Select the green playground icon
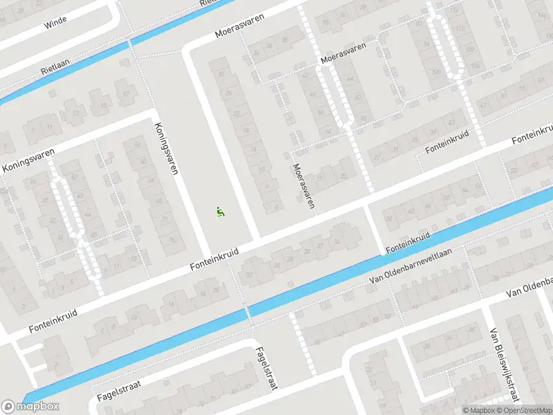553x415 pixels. [x=220, y=212]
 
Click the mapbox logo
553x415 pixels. [x=30, y=406]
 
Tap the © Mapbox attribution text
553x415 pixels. [x=480, y=409]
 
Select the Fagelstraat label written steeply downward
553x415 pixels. [x=265, y=368]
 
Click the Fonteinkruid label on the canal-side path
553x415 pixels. [x=408, y=241]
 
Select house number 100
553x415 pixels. [x=436, y=72]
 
